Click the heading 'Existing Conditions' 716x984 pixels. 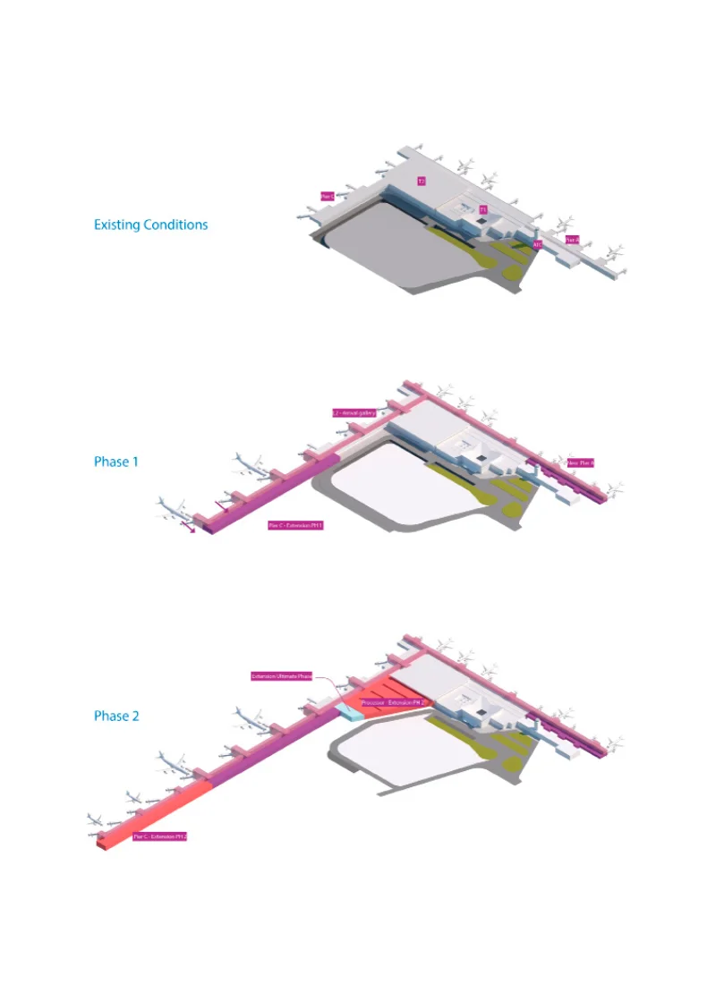pos(150,225)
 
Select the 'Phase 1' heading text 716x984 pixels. pos(116,462)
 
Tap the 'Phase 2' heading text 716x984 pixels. pos(116,716)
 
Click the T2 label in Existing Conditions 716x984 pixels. pos(421,181)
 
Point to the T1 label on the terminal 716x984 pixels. pos(482,209)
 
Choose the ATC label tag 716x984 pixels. pos(537,243)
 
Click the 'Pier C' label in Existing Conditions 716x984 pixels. pos(328,195)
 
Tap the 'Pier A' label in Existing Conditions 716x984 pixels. pos(573,240)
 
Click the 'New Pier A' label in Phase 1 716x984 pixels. pos(580,462)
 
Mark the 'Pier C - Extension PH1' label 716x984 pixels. pos(294,526)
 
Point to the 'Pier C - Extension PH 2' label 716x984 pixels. pos(160,836)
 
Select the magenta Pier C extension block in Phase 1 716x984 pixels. pos(268,492)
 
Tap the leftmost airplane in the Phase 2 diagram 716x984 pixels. pos(96,819)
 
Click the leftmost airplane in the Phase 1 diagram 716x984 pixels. pos(170,507)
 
